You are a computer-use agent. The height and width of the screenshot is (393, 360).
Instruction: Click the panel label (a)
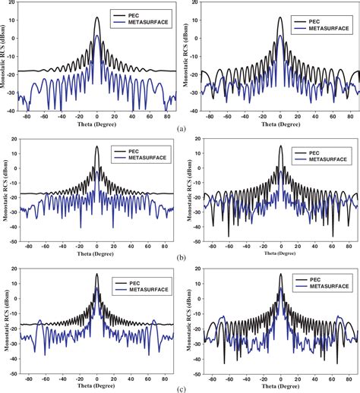180,130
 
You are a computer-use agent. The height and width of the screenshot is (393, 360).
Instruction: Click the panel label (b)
180,257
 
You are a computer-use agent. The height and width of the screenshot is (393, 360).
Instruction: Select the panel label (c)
180,384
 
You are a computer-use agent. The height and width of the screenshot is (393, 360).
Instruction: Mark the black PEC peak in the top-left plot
97,17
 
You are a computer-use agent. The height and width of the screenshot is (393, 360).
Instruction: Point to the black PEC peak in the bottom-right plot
280,274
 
